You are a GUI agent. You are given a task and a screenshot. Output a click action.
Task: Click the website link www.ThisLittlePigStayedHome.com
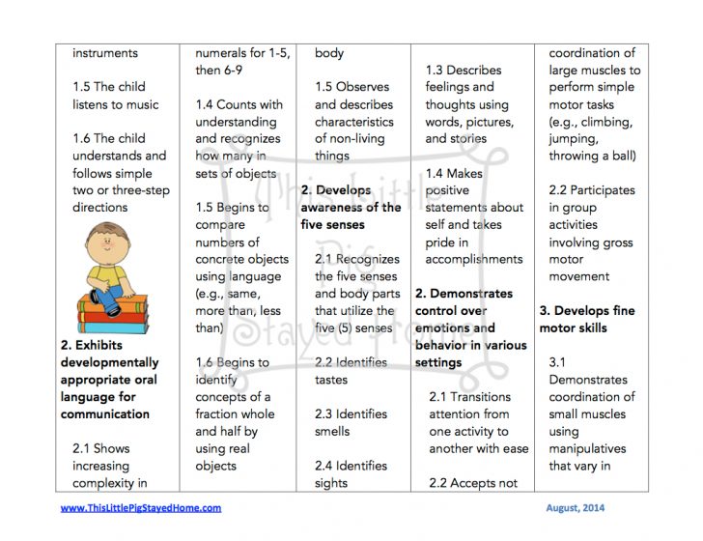click(x=141, y=508)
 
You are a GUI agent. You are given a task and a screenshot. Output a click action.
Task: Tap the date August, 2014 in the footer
click(x=569, y=508)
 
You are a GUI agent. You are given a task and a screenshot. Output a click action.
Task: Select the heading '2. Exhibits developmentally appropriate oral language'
click(x=109, y=380)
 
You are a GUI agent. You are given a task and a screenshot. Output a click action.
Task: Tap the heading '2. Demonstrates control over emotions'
click(x=471, y=327)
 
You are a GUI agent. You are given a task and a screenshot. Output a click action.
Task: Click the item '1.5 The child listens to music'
click(x=115, y=96)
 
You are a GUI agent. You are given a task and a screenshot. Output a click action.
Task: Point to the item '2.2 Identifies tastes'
click(x=351, y=371)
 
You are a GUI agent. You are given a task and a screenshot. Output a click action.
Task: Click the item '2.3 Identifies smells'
click(x=351, y=422)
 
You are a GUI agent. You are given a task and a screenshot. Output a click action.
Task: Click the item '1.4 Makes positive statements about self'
click(x=473, y=216)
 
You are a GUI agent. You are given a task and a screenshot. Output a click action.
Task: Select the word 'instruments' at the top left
click(x=105, y=53)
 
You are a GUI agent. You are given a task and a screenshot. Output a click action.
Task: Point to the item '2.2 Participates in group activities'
click(x=592, y=233)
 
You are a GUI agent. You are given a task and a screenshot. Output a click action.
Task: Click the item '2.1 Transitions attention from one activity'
click(x=478, y=422)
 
